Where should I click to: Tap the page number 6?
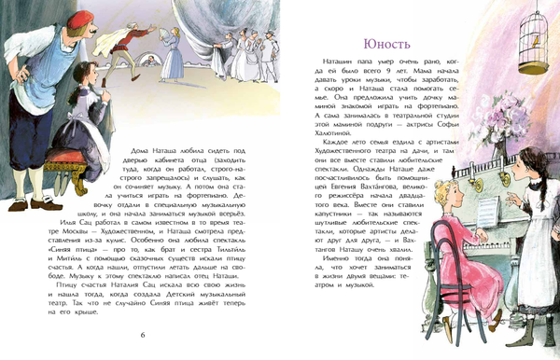click(x=143, y=335)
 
